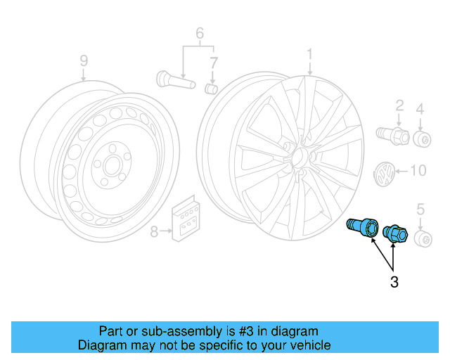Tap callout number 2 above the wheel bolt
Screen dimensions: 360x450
click(x=399, y=106)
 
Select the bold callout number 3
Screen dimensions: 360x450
click(x=394, y=283)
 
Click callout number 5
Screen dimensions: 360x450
click(x=420, y=209)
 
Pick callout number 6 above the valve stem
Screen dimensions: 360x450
click(x=199, y=33)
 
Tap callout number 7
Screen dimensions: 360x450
click(x=212, y=64)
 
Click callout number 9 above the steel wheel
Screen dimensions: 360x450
click(x=84, y=61)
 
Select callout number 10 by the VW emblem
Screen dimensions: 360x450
click(x=418, y=170)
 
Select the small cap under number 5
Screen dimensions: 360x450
click(x=424, y=240)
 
